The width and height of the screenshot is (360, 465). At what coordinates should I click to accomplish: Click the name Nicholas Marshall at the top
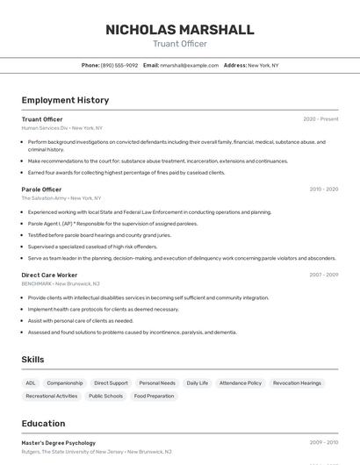pos(179,30)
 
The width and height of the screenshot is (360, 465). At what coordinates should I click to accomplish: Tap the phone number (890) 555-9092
pos(119,65)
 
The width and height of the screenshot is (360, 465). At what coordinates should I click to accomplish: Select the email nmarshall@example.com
pos(189,65)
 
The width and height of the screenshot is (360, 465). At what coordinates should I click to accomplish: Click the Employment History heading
pos(65,100)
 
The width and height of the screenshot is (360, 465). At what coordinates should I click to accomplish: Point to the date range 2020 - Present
pos(320,118)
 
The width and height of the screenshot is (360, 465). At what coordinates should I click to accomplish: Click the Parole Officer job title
pos(41,189)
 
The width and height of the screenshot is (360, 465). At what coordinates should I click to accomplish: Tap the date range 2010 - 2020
pos(323,189)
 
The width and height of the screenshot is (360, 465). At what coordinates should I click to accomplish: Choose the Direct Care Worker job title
pos(49,275)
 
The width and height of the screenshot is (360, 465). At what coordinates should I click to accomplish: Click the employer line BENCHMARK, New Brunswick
pos(61,283)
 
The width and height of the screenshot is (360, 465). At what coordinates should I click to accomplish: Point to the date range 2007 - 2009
pos(323,275)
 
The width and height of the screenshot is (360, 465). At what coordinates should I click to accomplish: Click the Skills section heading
pos(33,360)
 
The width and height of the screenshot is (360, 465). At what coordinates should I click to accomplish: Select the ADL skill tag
pos(31,383)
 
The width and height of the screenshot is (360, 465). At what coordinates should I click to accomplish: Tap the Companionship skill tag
pos(65,383)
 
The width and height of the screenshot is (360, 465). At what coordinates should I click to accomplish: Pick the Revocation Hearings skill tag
pos(297,383)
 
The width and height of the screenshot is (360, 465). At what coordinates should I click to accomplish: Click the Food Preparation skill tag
pos(154,396)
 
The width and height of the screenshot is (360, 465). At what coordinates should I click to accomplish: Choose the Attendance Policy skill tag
pos(241,383)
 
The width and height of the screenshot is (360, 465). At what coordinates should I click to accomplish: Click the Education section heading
pos(43,424)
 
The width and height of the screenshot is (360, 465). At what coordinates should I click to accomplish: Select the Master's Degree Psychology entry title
pos(59,443)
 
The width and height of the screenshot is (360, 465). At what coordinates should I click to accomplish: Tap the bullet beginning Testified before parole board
pos(99,235)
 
